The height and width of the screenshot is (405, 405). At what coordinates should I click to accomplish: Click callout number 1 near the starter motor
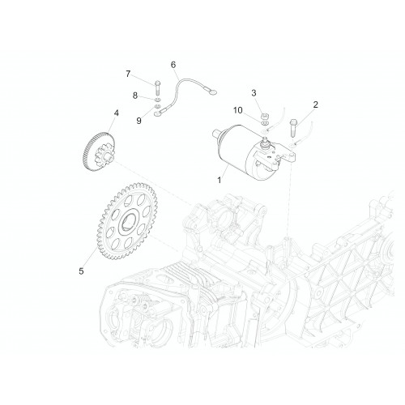pyautogui.click(x=220, y=180)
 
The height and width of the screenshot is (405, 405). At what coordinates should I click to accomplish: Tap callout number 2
pyautogui.click(x=315, y=104)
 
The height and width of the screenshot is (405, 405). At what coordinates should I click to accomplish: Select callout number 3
pyautogui.click(x=254, y=93)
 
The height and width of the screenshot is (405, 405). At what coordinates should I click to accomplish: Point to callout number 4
pyautogui.click(x=117, y=113)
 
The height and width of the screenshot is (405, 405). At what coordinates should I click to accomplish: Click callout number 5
pyautogui.click(x=81, y=271)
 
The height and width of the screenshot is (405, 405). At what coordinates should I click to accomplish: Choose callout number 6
pyautogui.click(x=173, y=65)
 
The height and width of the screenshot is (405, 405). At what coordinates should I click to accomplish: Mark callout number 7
pyautogui.click(x=128, y=74)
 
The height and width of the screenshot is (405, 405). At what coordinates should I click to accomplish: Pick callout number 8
pyautogui.click(x=135, y=96)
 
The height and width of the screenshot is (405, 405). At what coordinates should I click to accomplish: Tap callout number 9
pyautogui.click(x=139, y=121)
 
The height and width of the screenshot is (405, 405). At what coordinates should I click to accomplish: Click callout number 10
pyautogui.click(x=238, y=110)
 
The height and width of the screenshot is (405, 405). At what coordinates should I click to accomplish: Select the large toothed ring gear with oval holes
pyautogui.click(x=127, y=221)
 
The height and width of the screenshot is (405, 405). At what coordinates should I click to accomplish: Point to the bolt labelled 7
pyautogui.click(x=158, y=87)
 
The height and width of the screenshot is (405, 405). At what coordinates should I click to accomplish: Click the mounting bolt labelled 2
pyautogui.click(x=293, y=128)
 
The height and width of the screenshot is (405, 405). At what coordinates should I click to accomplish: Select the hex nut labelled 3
pyautogui.click(x=265, y=117)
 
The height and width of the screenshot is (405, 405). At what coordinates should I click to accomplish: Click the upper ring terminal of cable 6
pyautogui.click(x=211, y=92)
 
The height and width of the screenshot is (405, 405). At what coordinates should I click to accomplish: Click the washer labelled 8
pyautogui.click(x=158, y=100)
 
